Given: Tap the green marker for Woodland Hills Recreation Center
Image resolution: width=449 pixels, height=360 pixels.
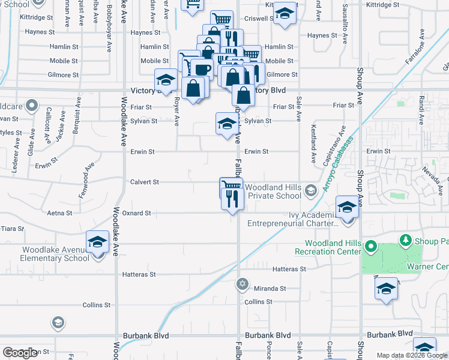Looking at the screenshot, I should click(371, 247).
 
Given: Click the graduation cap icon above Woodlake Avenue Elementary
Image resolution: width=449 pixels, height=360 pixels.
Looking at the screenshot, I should click(97, 242).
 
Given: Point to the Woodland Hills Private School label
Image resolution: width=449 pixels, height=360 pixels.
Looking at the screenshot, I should click(273, 191).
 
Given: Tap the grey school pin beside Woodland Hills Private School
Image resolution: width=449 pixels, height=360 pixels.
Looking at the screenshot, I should click(310, 191).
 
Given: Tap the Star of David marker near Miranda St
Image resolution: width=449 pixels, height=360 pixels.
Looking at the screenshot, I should click(243, 284).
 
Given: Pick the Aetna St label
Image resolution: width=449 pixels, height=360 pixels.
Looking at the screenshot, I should click(60, 213).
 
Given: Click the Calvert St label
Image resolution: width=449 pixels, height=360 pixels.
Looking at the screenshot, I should click(145, 182).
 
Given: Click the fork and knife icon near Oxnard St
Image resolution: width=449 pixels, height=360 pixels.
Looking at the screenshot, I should click(232, 198).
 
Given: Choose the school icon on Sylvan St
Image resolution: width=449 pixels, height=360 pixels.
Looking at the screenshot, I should click(226, 124).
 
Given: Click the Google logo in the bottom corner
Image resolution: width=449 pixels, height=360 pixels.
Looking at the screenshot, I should click(20, 353).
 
